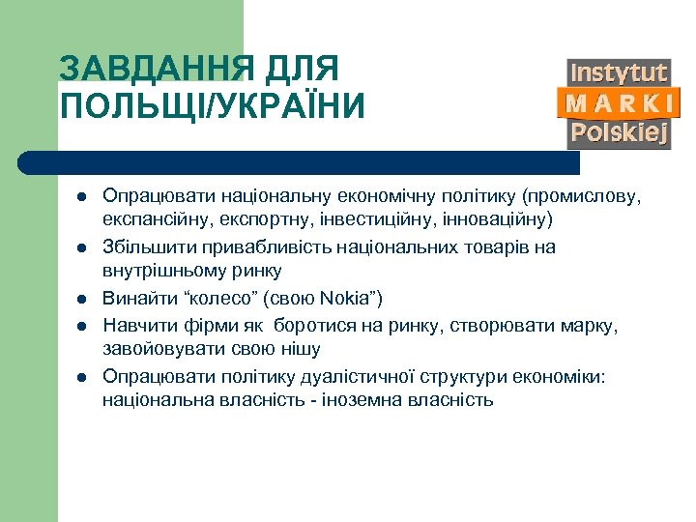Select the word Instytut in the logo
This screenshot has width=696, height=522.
(619, 72)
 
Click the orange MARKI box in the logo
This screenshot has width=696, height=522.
(619, 102)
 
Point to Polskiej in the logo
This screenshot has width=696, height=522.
(619, 132)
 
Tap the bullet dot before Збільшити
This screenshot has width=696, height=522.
(82, 247)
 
